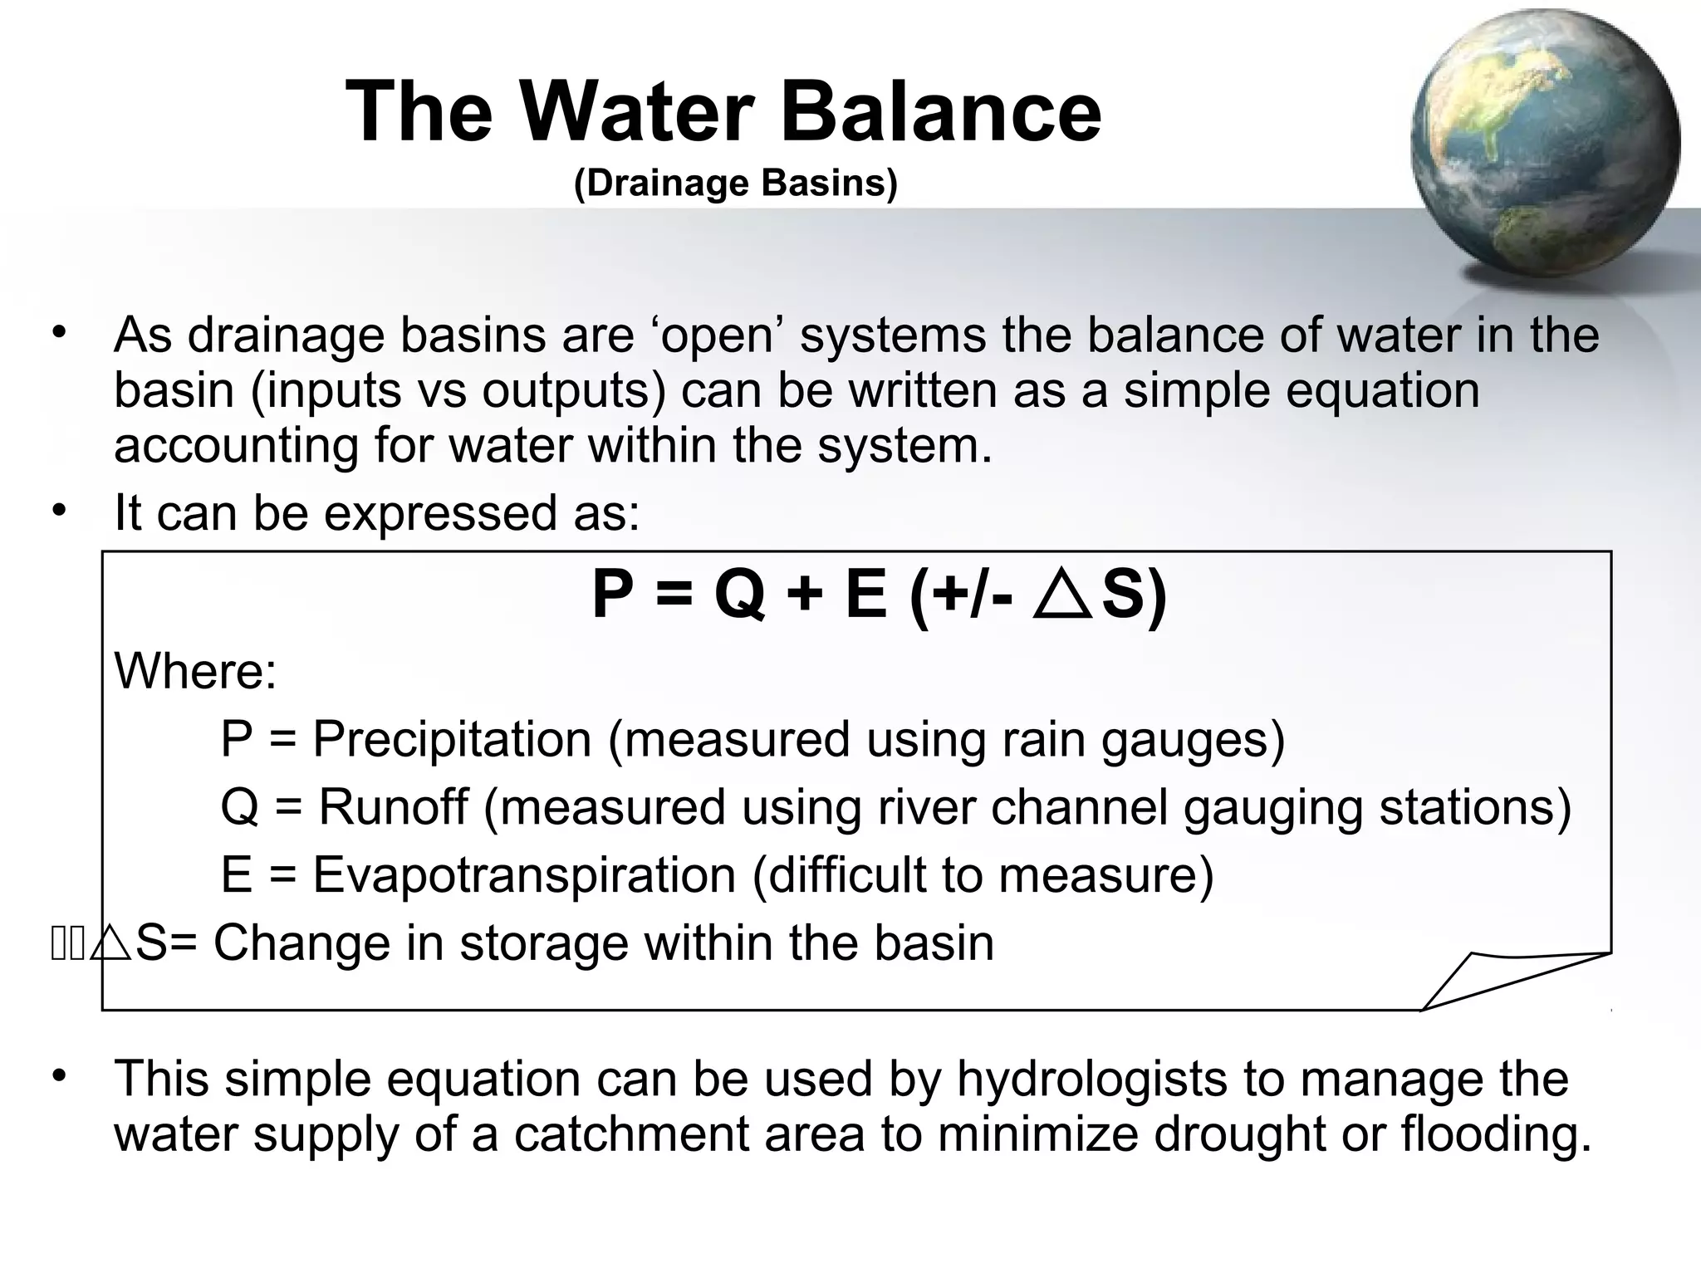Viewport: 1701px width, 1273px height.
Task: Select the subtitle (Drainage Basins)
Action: click(736, 184)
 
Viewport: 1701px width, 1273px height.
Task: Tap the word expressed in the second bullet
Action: click(440, 512)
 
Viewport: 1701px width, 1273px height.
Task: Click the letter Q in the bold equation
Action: click(738, 595)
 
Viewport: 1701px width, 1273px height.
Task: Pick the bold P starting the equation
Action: click(612, 595)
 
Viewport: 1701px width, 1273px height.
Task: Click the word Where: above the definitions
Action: click(195, 670)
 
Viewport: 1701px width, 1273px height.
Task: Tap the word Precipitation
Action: click(452, 738)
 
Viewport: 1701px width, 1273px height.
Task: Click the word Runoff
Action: click(393, 806)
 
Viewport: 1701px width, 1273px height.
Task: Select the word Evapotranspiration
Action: click(524, 874)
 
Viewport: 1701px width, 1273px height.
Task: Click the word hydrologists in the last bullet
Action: click(1091, 1079)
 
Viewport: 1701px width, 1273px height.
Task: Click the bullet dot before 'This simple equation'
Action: click(58, 1076)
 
